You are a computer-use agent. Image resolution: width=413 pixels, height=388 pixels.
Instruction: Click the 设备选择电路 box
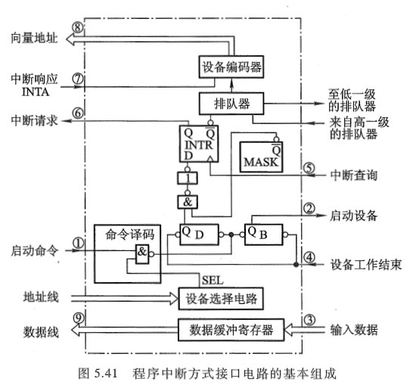click(220, 300)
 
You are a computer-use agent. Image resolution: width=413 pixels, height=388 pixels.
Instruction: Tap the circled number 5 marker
click(308, 169)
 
